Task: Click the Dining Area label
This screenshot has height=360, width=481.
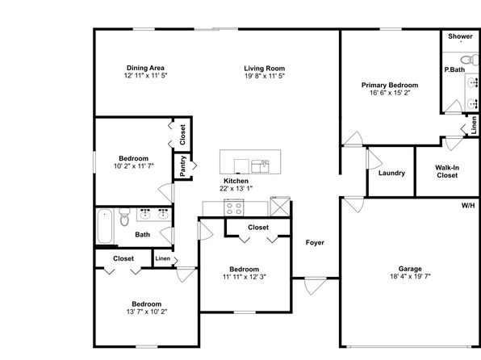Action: click(145, 68)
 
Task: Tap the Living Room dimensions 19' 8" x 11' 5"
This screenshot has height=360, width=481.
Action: click(265, 76)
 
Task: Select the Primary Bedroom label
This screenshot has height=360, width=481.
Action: click(390, 86)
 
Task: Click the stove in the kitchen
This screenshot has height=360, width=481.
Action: click(234, 207)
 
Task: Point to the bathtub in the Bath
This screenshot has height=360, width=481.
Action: click(105, 227)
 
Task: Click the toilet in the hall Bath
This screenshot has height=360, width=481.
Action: click(124, 216)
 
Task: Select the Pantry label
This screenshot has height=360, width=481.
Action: click(183, 166)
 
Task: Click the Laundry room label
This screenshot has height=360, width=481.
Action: click(391, 173)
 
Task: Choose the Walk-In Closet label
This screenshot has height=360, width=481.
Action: click(447, 172)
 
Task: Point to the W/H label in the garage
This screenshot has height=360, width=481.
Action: click(468, 205)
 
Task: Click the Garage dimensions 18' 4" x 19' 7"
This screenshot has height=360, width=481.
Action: click(410, 276)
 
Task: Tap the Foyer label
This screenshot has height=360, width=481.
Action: click(315, 243)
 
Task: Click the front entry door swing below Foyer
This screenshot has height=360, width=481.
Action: click(316, 286)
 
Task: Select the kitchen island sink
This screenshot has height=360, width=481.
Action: click(260, 166)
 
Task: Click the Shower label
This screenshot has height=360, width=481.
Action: click(460, 36)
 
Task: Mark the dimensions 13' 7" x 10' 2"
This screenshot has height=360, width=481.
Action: click(147, 312)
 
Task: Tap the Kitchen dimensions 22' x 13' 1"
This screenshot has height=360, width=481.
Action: click(236, 188)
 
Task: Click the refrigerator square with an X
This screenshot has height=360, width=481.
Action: click(280, 207)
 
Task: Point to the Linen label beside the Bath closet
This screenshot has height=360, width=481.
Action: click(162, 258)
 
